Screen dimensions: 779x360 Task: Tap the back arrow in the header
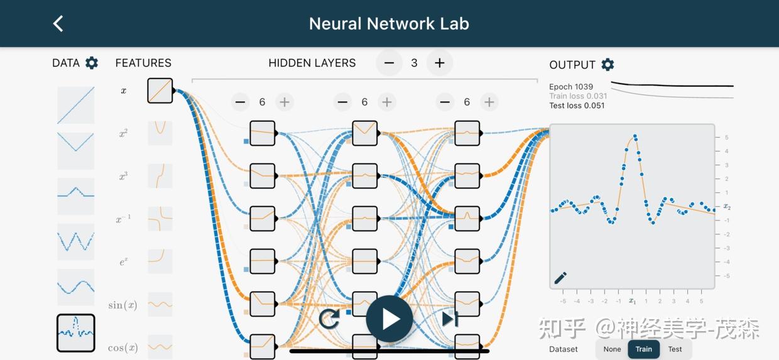pos(58,24)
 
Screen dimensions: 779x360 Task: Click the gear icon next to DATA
pos(92,63)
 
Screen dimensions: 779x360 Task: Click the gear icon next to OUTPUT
pos(607,65)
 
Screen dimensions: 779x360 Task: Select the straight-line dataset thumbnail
pos(76,106)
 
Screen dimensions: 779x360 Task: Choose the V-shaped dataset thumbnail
pos(76,151)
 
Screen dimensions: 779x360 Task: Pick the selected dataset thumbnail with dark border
pos(76,333)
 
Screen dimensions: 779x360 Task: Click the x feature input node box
pos(160,90)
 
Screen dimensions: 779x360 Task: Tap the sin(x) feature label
pos(123,305)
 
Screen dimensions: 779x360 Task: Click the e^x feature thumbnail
pos(160,261)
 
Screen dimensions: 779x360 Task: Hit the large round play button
pos(389,319)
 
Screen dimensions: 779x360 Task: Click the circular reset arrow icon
pos(329,319)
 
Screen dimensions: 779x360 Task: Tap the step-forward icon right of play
pos(450,319)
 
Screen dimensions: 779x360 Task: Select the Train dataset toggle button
pos(644,349)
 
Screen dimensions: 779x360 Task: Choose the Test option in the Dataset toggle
pos(675,349)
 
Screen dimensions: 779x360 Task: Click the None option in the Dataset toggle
pos(612,349)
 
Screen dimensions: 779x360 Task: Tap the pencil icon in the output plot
pos(560,278)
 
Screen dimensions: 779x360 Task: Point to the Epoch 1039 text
pos(571,87)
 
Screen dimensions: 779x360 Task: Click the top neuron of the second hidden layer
pos(365,133)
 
